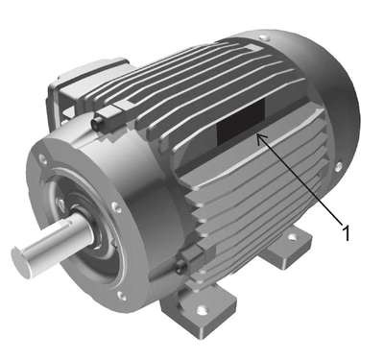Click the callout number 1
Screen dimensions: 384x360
(x=346, y=233)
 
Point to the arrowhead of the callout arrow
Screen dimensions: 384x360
(x=260, y=137)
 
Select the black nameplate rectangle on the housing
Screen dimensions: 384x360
(x=241, y=120)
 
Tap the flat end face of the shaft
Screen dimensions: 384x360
(x=21, y=262)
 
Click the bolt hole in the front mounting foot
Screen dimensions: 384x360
(x=201, y=310)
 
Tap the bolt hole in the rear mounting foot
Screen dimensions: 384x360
(x=292, y=237)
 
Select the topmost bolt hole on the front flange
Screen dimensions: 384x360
(x=42, y=158)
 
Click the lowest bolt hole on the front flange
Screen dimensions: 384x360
(x=121, y=296)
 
